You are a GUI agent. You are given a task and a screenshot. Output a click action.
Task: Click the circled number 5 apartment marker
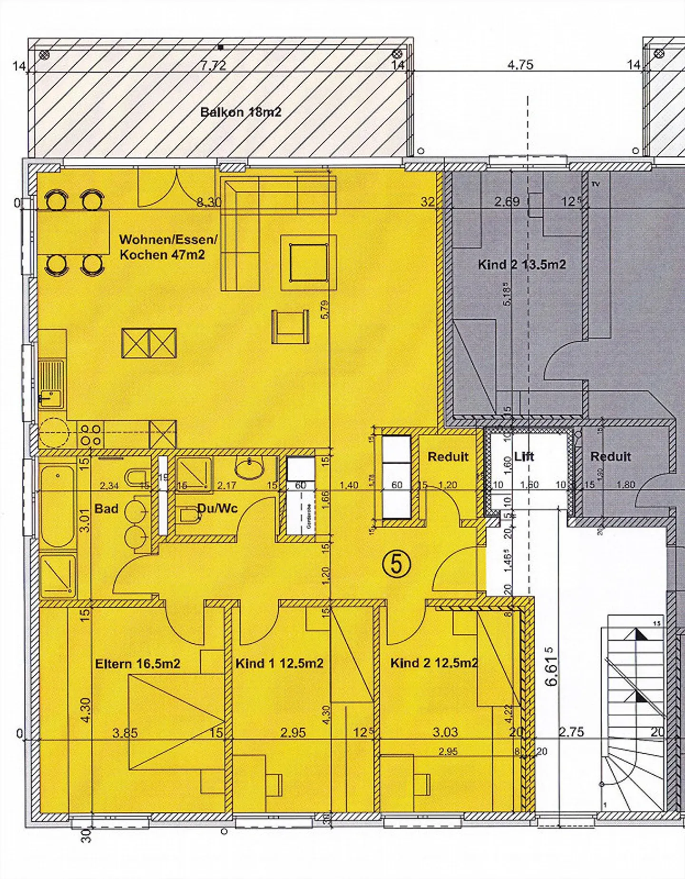click(x=397, y=564)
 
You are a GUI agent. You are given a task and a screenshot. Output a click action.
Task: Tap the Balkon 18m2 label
click(x=241, y=112)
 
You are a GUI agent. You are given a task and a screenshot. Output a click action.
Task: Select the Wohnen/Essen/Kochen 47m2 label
click(x=167, y=247)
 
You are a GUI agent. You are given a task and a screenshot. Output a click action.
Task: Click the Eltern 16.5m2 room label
click(x=137, y=664)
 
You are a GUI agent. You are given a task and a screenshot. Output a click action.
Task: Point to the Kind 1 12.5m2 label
click(x=280, y=663)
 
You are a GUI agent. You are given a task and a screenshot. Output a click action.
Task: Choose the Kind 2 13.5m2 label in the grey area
click(x=522, y=265)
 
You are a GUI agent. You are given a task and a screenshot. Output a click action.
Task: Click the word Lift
click(x=524, y=456)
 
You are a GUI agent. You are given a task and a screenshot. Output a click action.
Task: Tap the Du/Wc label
click(x=217, y=509)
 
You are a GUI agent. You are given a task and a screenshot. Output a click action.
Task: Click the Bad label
click(x=106, y=509)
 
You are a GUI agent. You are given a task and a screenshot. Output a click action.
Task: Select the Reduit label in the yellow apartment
click(x=448, y=457)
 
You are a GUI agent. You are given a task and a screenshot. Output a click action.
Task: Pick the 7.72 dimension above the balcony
click(x=213, y=66)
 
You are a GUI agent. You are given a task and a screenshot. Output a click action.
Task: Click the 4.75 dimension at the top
click(x=520, y=65)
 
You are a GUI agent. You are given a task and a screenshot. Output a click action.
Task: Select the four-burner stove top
click(x=91, y=434)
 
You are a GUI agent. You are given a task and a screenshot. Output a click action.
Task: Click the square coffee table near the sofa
click(x=309, y=262)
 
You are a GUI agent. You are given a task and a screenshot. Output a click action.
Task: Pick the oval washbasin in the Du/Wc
click(x=250, y=468)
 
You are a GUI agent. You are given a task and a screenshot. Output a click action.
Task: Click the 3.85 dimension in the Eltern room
click(x=125, y=733)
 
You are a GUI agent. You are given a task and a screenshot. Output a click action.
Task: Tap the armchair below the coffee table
click(x=290, y=327)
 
